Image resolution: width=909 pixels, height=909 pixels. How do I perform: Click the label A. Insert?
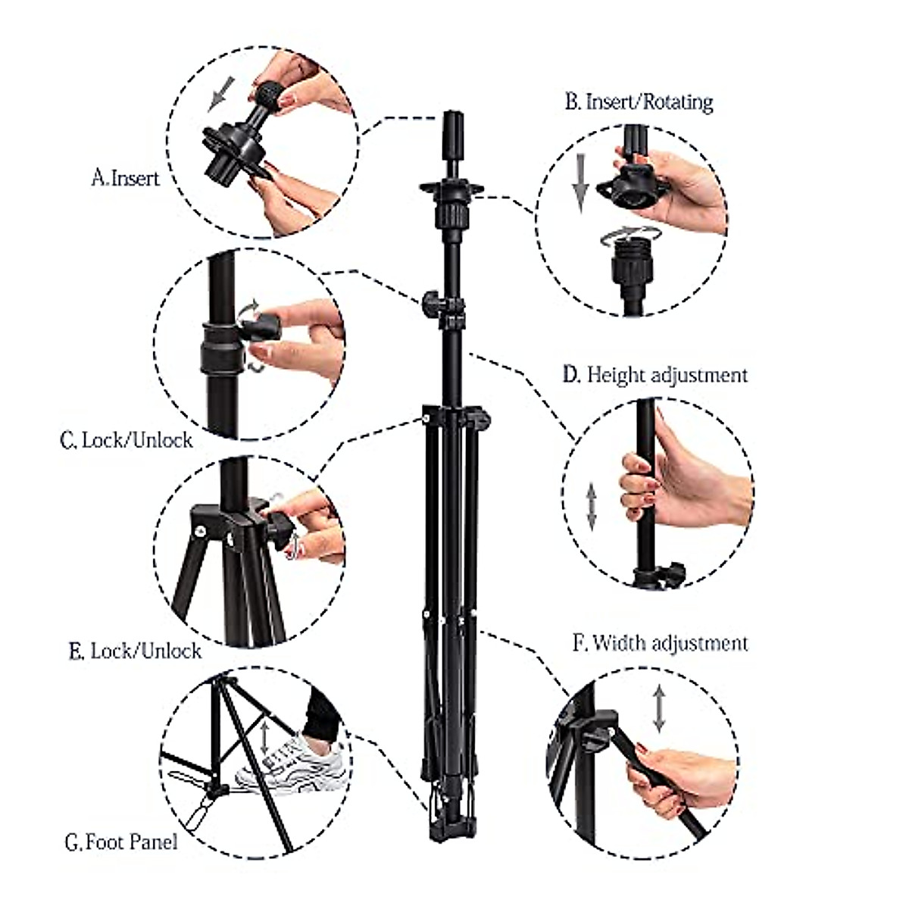coord(125,178)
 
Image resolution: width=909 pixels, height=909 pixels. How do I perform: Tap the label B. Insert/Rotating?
coord(639,102)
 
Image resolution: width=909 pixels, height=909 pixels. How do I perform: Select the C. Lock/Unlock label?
coord(126,440)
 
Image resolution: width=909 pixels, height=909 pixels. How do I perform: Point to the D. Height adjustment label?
coord(655,374)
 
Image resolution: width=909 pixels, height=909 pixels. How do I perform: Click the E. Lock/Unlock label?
coord(135,651)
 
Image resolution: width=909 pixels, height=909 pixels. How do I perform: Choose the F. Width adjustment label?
coord(660,643)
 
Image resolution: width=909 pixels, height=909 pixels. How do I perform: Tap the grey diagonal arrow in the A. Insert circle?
coord(220,92)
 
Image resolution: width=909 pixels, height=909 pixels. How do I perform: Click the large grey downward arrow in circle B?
coord(579,182)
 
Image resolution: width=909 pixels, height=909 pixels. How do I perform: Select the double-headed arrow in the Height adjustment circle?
coord(592,506)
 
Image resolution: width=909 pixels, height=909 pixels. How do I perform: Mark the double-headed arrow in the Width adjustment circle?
coord(659,708)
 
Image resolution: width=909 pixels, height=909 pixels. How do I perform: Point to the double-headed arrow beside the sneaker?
coord(265,735)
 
